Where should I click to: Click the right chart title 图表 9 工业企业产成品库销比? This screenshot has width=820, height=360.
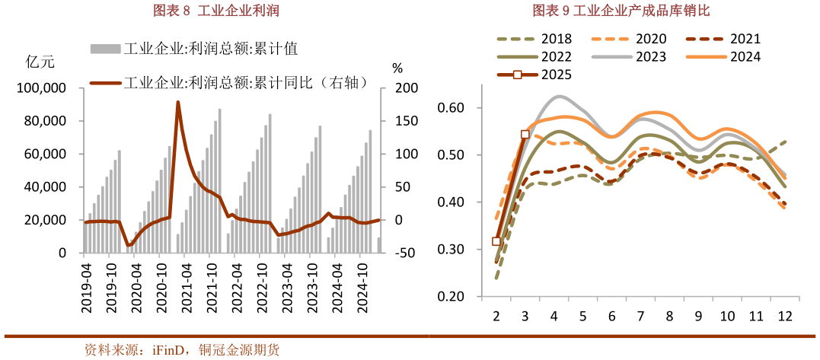pos(621,10)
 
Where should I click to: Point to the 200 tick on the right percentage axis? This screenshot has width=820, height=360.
pos(402,88)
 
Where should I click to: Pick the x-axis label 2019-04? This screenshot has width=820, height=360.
pos(88,287)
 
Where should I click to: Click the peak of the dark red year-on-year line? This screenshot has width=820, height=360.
pos(178,102)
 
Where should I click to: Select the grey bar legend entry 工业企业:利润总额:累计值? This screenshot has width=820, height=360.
pos(193,49)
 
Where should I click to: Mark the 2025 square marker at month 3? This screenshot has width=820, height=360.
pos(525,135)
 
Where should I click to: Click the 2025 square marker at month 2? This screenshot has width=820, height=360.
pos(496,241)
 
